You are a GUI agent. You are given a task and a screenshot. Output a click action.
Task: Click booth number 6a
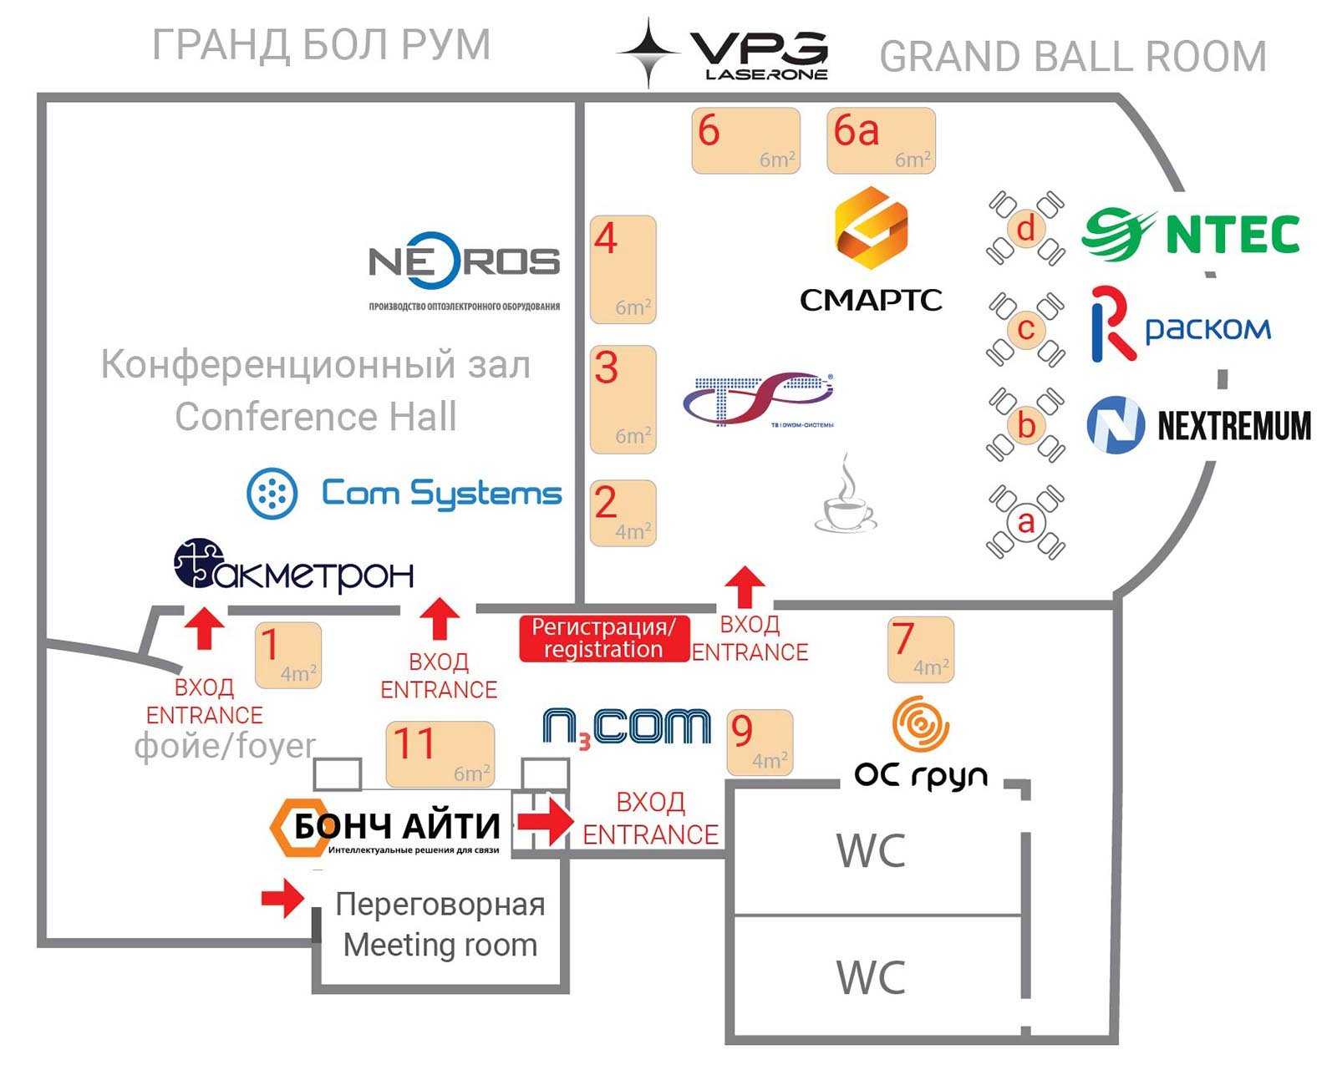[x=881, y=140]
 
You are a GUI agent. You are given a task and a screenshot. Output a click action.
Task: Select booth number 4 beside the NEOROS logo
[x=623, y=269]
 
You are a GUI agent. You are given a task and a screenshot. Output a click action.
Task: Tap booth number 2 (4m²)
[x=623, y=513]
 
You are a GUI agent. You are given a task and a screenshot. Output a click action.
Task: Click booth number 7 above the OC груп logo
[x=920, y=649]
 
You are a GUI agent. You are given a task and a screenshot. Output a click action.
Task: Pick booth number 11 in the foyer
[x=440, y=753]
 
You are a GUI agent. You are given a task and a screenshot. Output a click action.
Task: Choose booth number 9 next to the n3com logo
[x=760, y=742]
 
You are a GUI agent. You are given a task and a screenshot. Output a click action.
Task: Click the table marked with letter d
[x=1026, y=228]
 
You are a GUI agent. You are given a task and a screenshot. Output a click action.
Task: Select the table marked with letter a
[x=1026, y=522]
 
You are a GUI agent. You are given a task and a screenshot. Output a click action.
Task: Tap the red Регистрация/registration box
[x=603, y=639]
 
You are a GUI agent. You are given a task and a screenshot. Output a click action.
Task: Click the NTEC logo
[x=1192, y=235]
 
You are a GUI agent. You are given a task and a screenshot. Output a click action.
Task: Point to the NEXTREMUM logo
[x=1198, y=425]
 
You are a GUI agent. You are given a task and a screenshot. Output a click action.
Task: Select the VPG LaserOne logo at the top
[x=724, y=53]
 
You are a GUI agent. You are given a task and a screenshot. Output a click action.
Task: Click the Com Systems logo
[x=404, y=494]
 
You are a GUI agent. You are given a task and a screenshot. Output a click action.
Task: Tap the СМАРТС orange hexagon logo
[x=871, y=227]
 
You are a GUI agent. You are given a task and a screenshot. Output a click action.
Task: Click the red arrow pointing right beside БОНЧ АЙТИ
[x=545, y=820]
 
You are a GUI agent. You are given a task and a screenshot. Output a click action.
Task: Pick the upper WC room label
[x=871, y=851]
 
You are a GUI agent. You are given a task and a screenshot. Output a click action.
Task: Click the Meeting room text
[x=440, y=946]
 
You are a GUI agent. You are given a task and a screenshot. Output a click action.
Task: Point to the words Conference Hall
[x=316, y=417]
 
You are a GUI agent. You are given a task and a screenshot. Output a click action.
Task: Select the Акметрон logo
[x=293, y=566]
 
